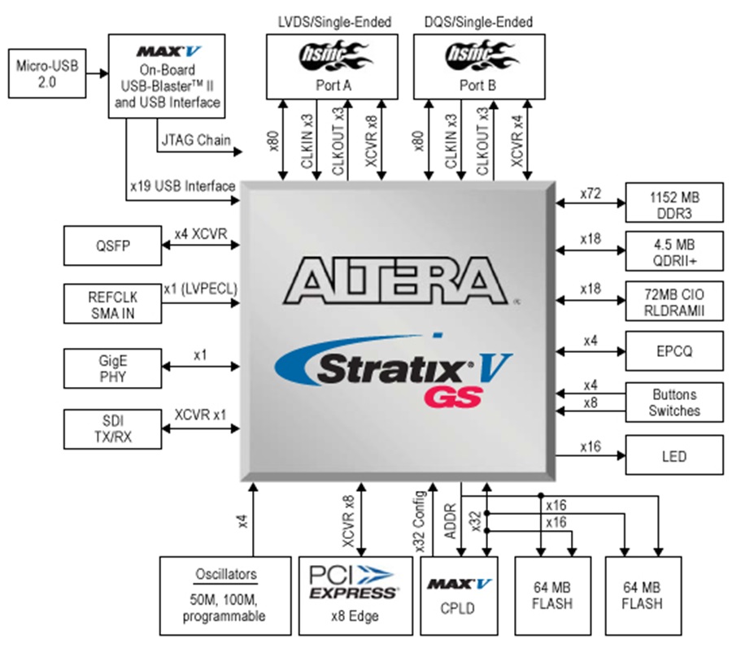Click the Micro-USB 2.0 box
[x=47, y=74]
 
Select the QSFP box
[x=112, y=246]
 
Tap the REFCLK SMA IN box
[x=112, y=304]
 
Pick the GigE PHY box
[x=112, y=368]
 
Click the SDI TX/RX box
[x=112, y=429]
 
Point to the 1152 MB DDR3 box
[x=674, y=202]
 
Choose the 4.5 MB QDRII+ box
[x=674, y=251]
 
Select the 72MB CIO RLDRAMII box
[x=674, y=301]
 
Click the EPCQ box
[x=674, y=351]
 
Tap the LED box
[x=674, y=455]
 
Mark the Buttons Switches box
[x=674, y=402]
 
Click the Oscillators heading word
[x=226, y=574]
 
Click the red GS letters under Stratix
[x=453, y=398]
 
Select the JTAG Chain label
[x=196, y=140]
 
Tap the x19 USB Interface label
[x=182, y=186]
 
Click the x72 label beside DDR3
[x=590, y=194]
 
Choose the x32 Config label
[x=420, y=522]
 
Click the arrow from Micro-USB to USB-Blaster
[x=98, y=73]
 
